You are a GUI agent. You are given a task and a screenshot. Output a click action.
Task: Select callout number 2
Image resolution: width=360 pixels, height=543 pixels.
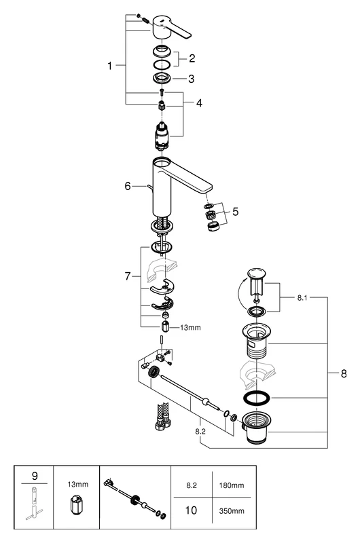click(x=192, y=58)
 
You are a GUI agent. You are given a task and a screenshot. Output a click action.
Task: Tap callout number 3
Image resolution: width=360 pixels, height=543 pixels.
click(x=192, y=79)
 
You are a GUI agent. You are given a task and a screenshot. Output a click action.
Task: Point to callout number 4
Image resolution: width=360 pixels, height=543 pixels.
click(x=199, y=103)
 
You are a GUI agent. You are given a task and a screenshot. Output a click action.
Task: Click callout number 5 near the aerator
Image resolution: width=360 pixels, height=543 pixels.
click(x=235, y=212)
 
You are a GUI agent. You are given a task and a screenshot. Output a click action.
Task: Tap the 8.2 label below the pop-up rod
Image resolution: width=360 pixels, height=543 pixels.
click(x=200, y=430)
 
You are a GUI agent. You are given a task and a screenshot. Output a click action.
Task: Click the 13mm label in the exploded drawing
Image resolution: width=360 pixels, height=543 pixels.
click(x=191, y=327)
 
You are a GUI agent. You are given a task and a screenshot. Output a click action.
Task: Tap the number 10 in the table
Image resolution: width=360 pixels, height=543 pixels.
click(x=192, y=509)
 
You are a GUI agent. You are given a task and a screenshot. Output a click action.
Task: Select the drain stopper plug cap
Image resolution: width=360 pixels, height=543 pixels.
click(x=255, y=275)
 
